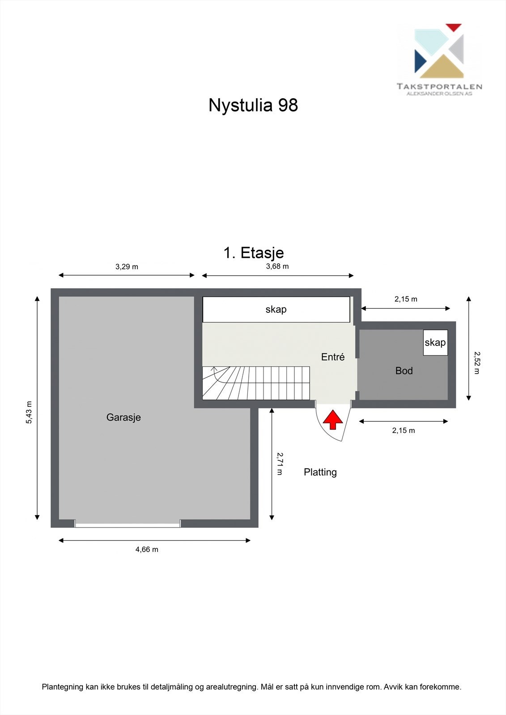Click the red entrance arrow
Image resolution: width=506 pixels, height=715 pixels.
coord(333,420)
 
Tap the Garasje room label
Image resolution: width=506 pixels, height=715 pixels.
coord(123,417)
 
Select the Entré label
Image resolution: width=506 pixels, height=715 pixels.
coord(333,357)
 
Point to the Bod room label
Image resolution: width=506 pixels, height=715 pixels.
coord(404,371)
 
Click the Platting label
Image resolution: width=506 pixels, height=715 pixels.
coord(320,472)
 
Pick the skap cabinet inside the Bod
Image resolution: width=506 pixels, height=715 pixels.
coord(435,343)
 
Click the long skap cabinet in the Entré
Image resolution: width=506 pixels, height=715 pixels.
coord(276,309)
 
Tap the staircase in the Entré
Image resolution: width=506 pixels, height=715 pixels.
coord(256,383)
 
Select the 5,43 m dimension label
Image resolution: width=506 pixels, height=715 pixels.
coord(29,412)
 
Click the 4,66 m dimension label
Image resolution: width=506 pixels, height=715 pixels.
coord(147,550)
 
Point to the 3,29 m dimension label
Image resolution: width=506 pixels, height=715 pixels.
coord(127,267)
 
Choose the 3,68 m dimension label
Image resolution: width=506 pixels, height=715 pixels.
coord(277,267)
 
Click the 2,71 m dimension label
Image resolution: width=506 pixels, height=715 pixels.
coord(280,463)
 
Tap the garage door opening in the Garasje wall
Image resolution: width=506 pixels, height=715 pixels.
coord(128,524)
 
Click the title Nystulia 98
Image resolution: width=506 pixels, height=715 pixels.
coord(253,105)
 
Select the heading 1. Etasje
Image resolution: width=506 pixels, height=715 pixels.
coord(253,253)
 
